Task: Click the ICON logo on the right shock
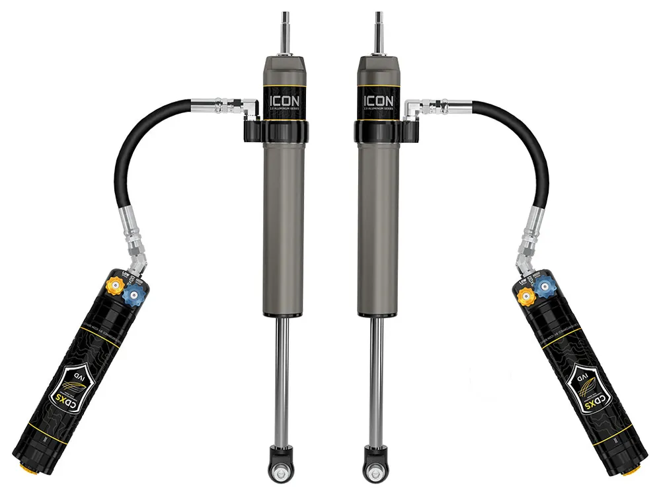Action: point(378,101)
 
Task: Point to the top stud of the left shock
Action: point(285,30)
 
